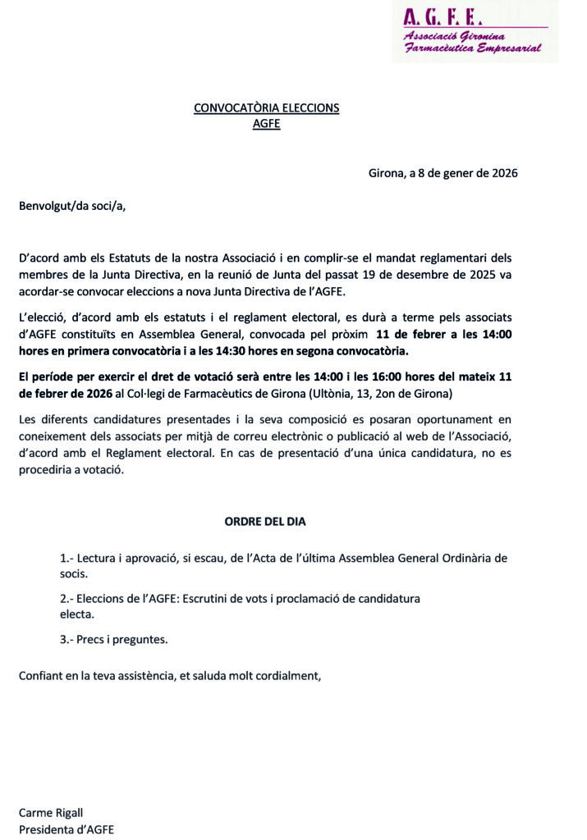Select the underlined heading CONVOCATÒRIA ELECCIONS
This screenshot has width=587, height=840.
tap(266, 107)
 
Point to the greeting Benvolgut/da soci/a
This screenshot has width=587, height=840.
tap(73, 205)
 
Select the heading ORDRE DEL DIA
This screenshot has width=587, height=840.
tap(265, 521)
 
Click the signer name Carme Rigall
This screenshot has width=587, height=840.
tap(51, 812)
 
